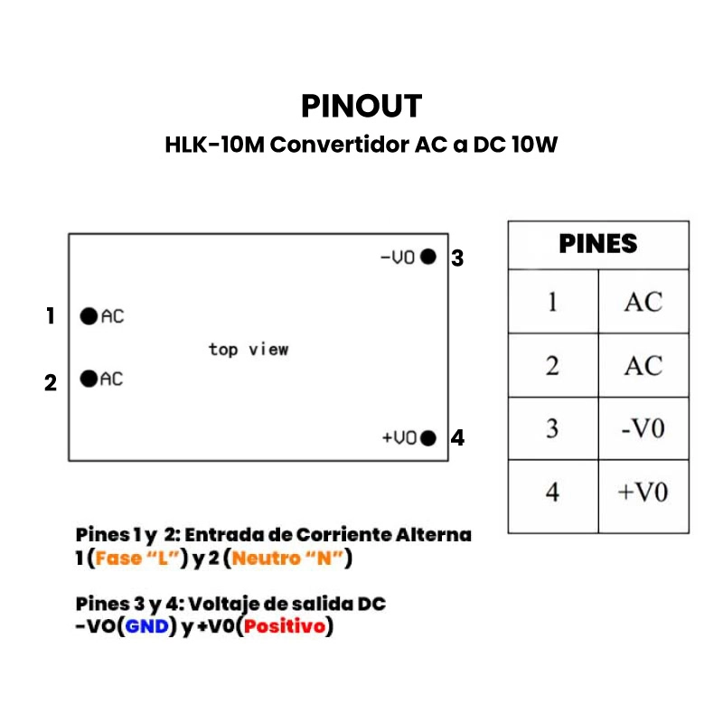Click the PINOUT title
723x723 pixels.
tap(361, 106)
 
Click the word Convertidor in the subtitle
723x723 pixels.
tap(340, 145)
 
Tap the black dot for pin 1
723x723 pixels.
tap(89, 316)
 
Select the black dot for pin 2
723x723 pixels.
tap(89, 379)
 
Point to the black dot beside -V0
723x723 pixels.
tap(428, 257)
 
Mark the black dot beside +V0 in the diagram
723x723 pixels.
tap(428, 438)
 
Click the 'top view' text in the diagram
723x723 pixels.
tap(249, 349)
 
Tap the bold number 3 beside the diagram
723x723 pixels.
tap(457, 258)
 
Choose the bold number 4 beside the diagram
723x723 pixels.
tap(457, 439)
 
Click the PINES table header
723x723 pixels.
tap(598, 244)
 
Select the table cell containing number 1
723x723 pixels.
tap(553, 302)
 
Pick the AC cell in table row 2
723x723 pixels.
tap(643, 366)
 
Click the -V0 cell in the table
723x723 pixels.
tap(643, 428)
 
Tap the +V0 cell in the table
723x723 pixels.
tap(643, 493)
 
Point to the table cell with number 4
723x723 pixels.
tap(553, 493)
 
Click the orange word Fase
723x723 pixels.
tap(118, 559)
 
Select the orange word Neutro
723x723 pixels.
tap(262, 559)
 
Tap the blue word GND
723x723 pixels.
tap(148, 626)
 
